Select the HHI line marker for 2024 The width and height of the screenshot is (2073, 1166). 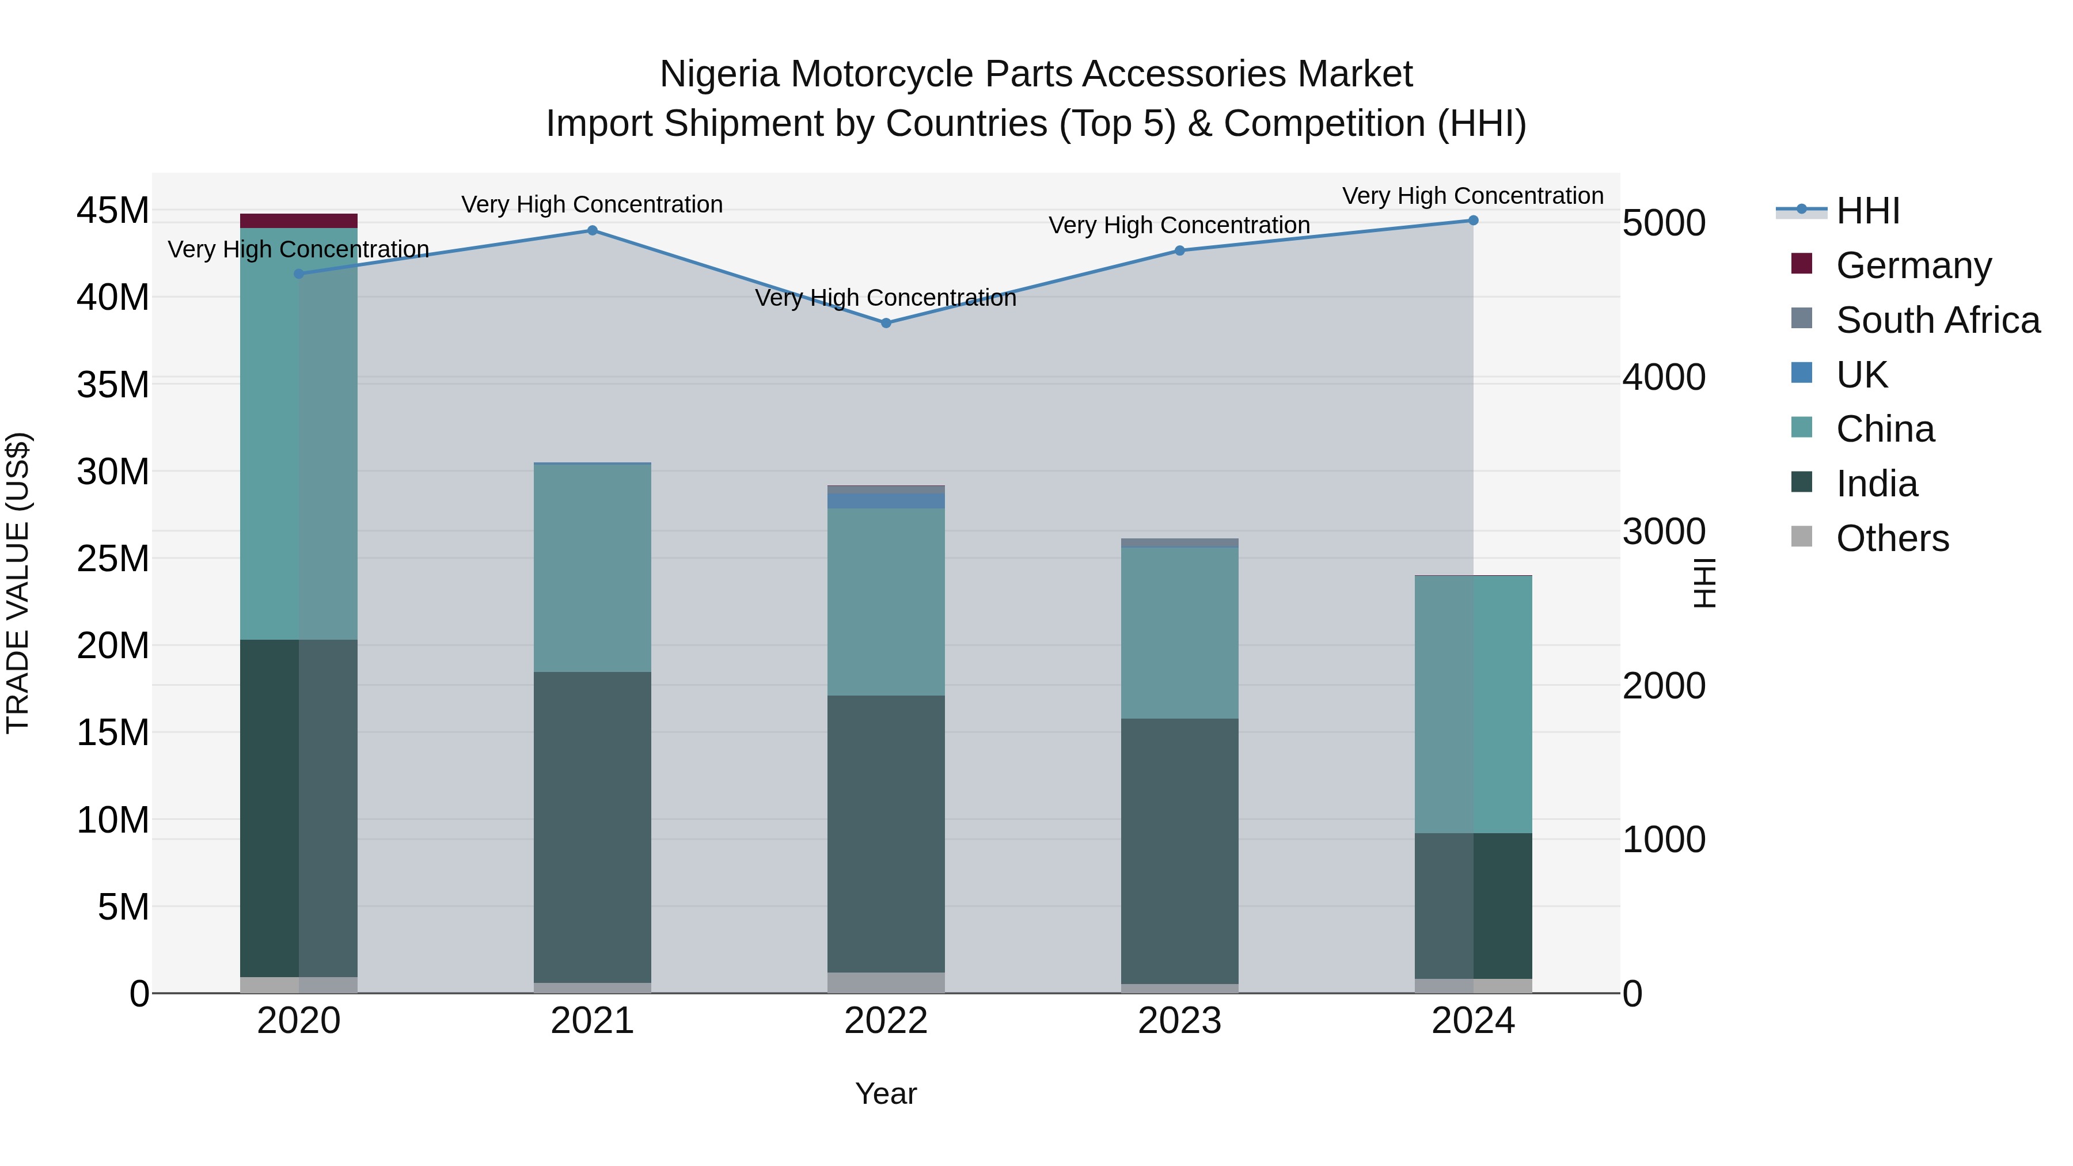point(1474,221)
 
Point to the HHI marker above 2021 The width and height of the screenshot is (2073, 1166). point(593,231)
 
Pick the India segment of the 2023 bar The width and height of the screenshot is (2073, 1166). point(1180,850)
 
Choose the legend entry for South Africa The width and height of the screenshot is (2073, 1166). point(1937,320)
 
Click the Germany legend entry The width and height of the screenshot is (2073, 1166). point(1913,265)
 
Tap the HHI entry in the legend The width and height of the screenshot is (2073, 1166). point(1867,211)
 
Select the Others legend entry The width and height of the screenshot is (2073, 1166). point(1891,538)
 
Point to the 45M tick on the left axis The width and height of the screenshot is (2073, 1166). point(113,211)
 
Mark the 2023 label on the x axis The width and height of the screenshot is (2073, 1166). point(1180,1021)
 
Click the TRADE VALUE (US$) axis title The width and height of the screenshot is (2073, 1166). point(18,583)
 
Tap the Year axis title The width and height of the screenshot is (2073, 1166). point(886,1093)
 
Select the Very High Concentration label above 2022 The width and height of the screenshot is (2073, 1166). point(886,298)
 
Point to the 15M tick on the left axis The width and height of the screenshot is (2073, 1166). point(113,733)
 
